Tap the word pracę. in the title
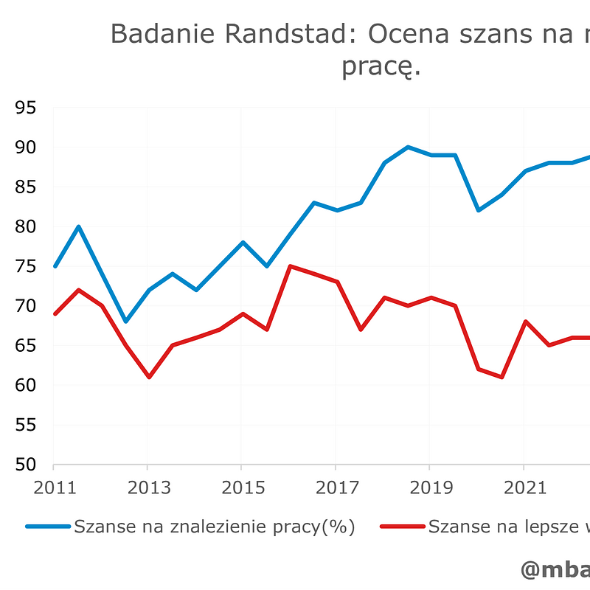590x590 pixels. pos(381,67)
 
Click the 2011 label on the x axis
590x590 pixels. pos(54,487)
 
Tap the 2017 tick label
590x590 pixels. pos(336,487)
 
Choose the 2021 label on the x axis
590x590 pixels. pos(523,487)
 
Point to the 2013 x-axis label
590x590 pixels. pos(147,487)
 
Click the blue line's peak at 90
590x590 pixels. pos(407,147)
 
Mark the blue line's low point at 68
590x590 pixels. pos(125,322)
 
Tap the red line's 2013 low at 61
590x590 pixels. pos(148,377)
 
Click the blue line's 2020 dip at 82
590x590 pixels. pos(477,210)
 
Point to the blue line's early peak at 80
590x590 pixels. pos(78,226)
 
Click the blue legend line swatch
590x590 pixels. pos(48,527)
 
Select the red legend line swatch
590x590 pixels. pos(402,527)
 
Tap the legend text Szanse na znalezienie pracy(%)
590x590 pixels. pos(214,527)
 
